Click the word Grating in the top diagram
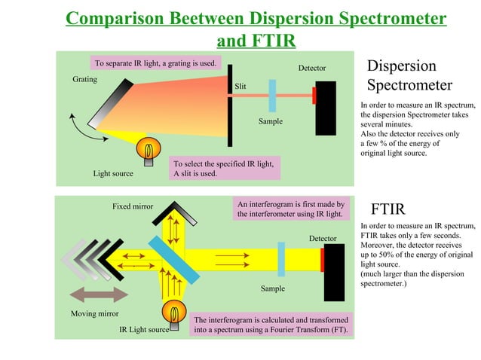tap(84, 79)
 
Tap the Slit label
tap(240, 87)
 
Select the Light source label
tap(113, 173)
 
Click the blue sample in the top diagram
tap(272, 96)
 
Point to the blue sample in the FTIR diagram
tap(281, 259)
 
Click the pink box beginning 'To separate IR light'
tap(156, 63)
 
